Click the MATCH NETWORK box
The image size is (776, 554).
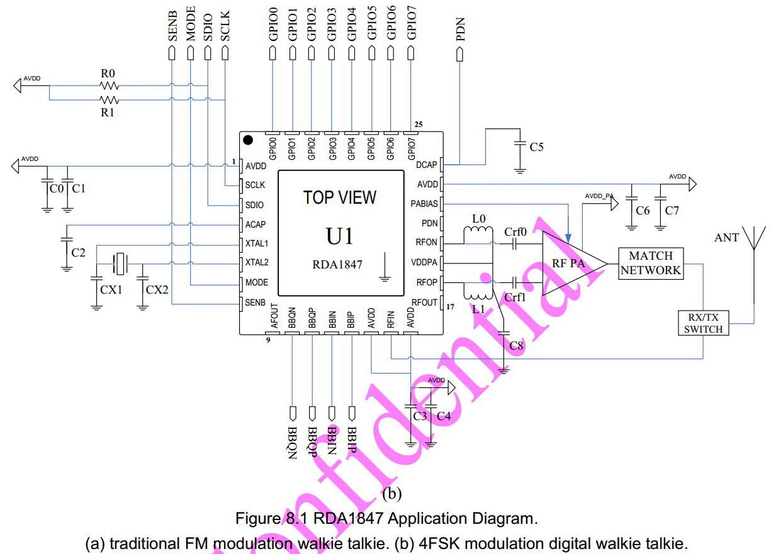click(651, 263)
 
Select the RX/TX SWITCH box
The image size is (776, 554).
click(703, 323)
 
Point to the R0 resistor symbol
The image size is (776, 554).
click(109, 86)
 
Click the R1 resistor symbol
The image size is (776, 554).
click(109, 100)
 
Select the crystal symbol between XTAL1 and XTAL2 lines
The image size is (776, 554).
click(120, 263)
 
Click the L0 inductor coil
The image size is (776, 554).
click(478, 230)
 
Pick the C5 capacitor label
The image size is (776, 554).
click(536, 147)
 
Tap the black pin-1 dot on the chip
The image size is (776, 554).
click(248, 140)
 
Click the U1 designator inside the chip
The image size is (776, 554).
click(339, 236)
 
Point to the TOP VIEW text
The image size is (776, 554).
click(339, 197)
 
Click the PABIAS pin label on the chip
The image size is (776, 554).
click(424, 204)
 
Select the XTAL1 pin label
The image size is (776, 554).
click(257, 243)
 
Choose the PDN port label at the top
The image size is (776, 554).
click(460, 29)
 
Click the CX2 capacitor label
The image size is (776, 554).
click(157, 289)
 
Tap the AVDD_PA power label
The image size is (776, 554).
click(599, 196)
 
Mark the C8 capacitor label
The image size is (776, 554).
click(516, 345)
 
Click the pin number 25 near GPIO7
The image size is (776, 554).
click(419, 125)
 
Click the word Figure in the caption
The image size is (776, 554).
click(259, 518)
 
